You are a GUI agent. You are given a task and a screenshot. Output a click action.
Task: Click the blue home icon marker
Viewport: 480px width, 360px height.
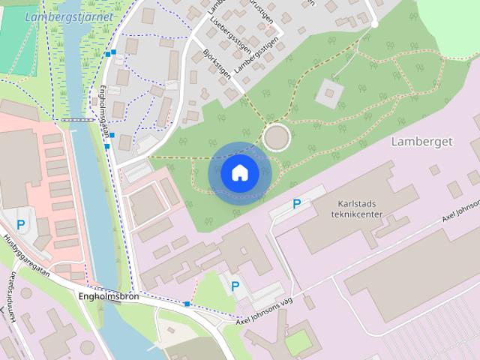point(239,173)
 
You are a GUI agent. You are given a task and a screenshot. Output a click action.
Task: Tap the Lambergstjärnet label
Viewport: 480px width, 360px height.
point(68,16)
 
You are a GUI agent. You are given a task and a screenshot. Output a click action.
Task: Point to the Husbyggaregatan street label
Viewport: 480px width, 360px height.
point(26,255)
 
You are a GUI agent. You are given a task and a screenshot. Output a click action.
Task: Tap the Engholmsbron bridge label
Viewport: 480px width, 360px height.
point(108,296)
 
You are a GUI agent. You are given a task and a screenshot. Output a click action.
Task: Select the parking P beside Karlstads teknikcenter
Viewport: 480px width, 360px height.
point(297,203)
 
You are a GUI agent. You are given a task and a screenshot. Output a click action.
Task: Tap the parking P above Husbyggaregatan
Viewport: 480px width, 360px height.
point(21,223)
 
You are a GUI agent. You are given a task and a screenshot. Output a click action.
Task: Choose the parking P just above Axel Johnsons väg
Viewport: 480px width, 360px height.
point(235,286)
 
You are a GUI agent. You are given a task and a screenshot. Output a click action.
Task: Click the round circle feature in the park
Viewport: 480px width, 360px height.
point(276,137)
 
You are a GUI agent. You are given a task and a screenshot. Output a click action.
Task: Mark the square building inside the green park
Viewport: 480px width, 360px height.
point(328,94)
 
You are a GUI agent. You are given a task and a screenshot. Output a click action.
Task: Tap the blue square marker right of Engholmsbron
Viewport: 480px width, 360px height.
point(187,304)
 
